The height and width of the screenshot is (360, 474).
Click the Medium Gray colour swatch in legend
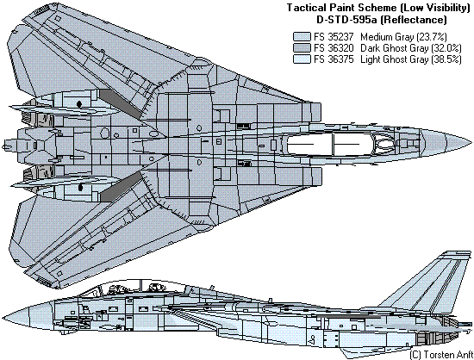(302, 37)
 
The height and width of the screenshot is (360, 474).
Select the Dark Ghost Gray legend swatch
(302, 48)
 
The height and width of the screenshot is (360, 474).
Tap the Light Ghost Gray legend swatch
(302, 59)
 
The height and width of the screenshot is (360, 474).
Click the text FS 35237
(334, 37)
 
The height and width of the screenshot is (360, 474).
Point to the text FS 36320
(334, 48)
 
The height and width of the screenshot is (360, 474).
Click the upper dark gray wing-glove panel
(121, 103)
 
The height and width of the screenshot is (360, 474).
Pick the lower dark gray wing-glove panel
(121, 186)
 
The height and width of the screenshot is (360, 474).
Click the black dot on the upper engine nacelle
(79, 104)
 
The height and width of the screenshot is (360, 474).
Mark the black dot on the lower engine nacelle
(80, 187)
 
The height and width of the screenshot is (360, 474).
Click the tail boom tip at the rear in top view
(3, 147)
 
